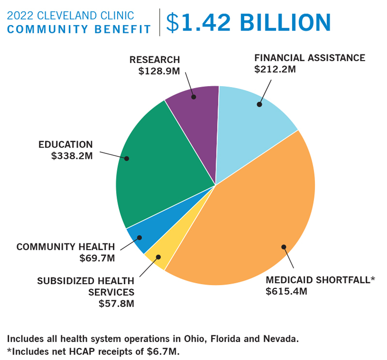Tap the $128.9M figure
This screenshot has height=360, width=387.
coord(159,71)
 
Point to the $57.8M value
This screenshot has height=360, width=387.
coord(116,304)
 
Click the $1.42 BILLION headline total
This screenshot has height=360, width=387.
coord(248,22)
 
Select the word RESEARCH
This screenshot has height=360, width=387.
coord(155,60)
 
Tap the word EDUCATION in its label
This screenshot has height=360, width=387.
coord(66,145)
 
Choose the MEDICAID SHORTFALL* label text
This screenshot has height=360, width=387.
coord(320,280)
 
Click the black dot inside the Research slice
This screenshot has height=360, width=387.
coord(194,97)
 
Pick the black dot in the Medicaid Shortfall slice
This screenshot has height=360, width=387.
coord(284,247)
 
